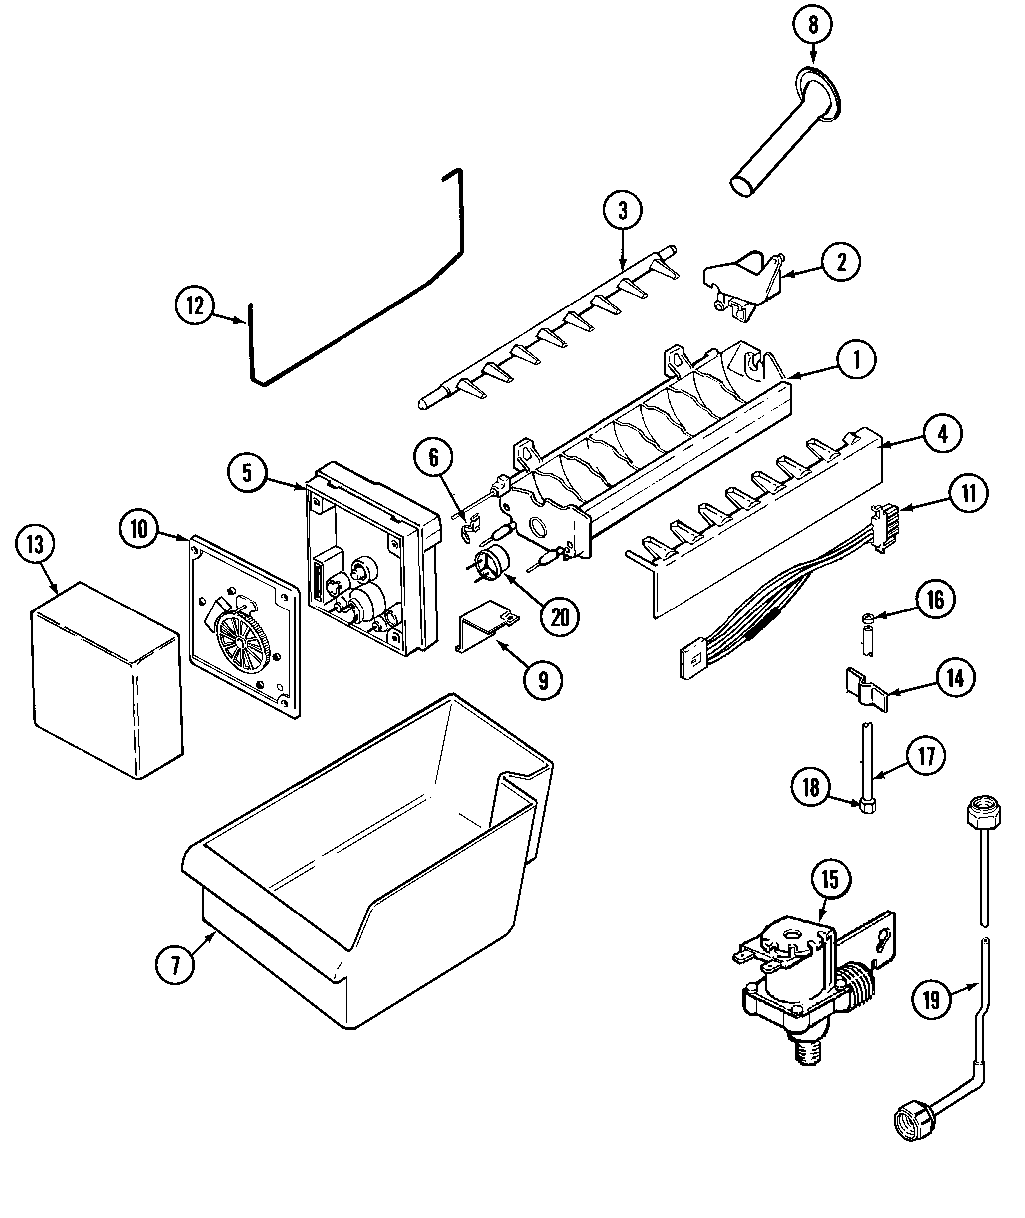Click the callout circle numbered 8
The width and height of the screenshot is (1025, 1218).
point(812,25)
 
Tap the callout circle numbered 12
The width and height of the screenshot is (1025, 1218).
point(195,305)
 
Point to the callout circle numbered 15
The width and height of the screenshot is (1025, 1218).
point(830,879)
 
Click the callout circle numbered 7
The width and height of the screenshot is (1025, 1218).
point(175,965)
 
